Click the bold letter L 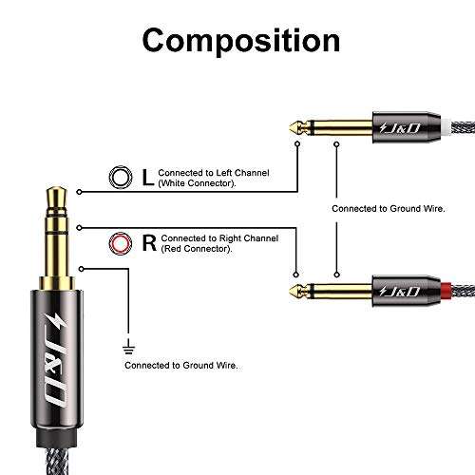[x=144, y=176]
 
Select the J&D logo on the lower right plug [x=402, y=288]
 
